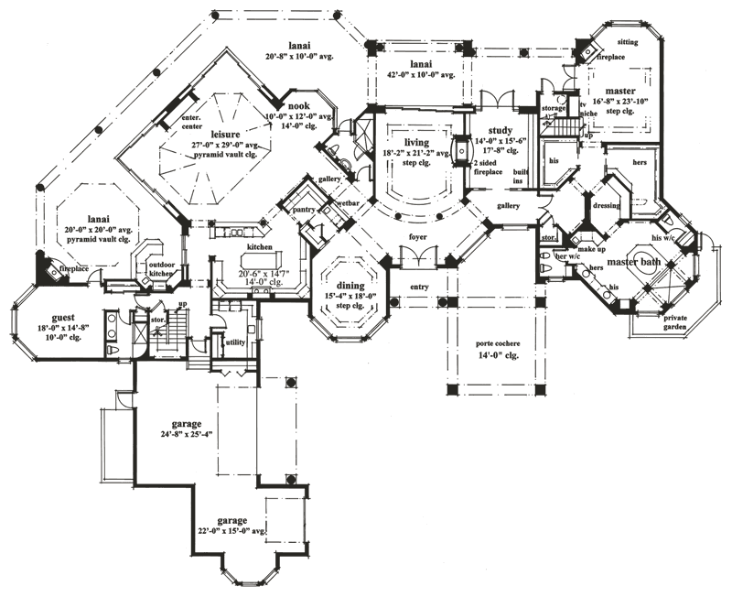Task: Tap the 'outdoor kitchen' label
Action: pyautogui.click(x=161, y=269)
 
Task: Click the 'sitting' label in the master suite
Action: pyautogui.click(x=629, y=41)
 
